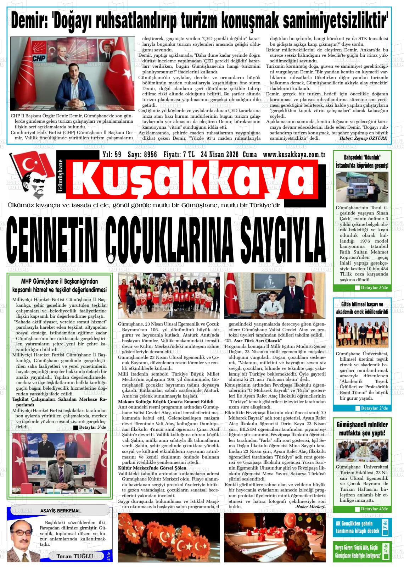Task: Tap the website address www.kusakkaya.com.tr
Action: click(294, 155)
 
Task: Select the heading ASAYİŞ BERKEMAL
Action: click(60, 511)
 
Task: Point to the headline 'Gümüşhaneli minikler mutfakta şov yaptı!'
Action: click(362, 429)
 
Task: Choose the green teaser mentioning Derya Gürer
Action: click(358, 552)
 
